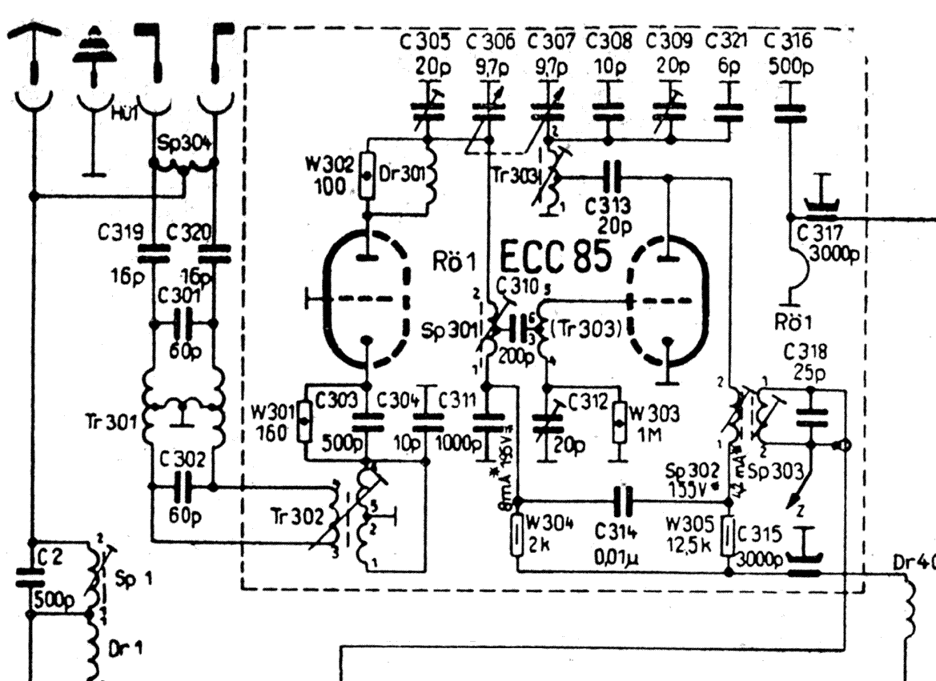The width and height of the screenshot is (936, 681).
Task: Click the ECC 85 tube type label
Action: (x=556, y=258)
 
